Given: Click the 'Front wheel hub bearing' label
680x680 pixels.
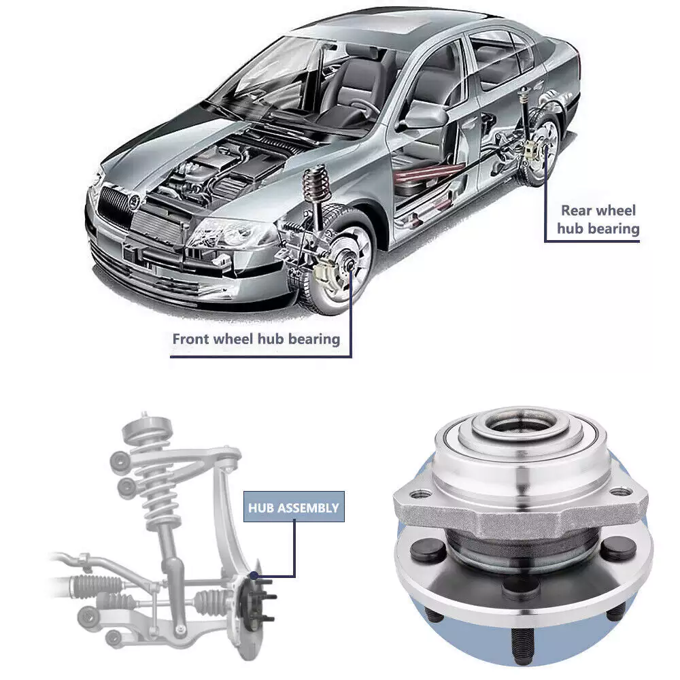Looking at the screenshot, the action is pos(256,339).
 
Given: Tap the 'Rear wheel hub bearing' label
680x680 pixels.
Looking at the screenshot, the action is pos(598,220).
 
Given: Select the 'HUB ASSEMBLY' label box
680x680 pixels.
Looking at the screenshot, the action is pos(294,507).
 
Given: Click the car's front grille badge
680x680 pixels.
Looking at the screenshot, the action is pos(133,201).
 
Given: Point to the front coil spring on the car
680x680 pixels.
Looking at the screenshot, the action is pos(316,182).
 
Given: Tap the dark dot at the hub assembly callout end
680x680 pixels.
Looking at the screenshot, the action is pos(254,575).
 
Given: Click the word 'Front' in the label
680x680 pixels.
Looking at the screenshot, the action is pos(192,339).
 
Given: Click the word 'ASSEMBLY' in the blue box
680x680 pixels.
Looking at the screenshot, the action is pos(308,507).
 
